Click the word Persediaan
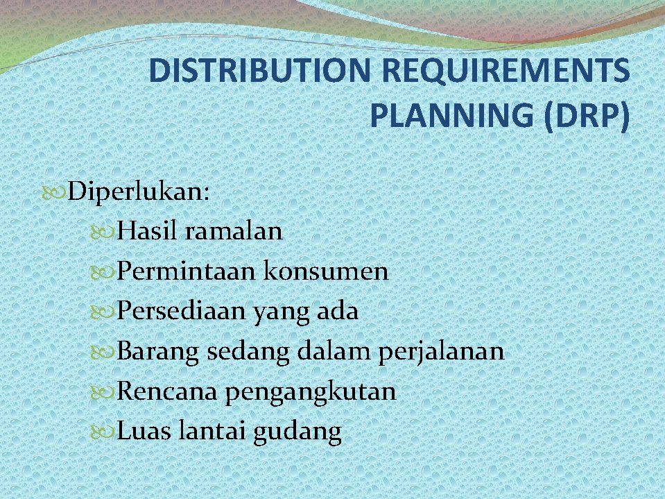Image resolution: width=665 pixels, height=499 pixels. (181, 311)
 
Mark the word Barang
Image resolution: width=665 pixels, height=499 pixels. (159, 351)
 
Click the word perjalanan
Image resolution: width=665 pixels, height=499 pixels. (441, 351)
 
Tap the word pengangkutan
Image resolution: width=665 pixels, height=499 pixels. (311, 392)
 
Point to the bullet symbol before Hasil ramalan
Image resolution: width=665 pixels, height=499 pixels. (105, 231)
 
